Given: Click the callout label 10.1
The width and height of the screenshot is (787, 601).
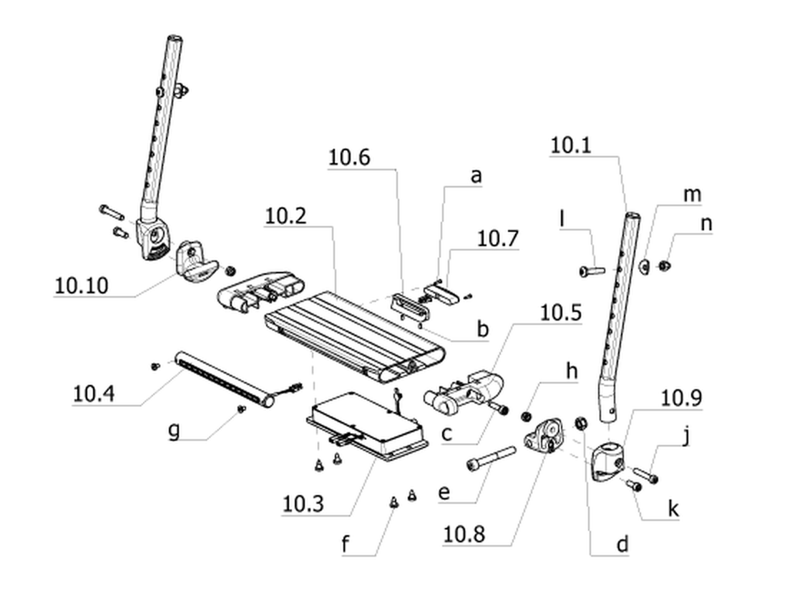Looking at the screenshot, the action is (571, 145).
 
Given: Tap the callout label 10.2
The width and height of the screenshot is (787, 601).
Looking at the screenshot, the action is (285, 216).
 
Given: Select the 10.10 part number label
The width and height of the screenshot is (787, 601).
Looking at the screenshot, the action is (81, 285).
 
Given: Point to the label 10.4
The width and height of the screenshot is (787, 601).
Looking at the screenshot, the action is (94, 394).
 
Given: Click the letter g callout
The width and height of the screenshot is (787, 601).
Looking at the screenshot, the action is (174, 430).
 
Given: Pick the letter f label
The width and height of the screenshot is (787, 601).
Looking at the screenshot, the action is (345, 544).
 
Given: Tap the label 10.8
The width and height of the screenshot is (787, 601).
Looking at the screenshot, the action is (464, 534).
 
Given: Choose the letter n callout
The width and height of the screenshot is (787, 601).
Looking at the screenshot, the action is (705, 224).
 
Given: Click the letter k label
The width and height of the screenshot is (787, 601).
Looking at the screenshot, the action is (673, 509).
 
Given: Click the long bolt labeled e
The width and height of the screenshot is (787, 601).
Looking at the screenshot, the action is (491, 458).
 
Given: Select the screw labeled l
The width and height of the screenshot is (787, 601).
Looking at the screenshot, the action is (592, 271).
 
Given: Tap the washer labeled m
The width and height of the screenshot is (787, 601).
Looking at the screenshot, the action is (645, 265).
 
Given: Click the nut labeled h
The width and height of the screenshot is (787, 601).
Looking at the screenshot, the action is (527, 416).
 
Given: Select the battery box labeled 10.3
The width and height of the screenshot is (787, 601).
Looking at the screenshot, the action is (368, 428).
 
